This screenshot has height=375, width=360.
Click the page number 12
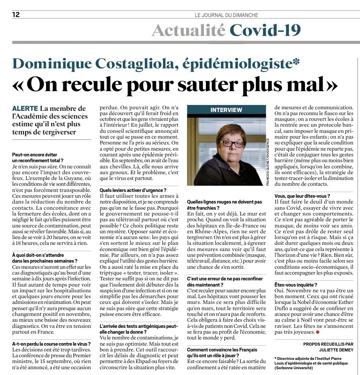tap(16, 15)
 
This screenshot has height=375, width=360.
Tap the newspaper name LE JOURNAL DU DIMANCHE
tap(226, 15)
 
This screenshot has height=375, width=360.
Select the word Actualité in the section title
tap(188, 31)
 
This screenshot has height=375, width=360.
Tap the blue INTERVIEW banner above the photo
tap(226, 110)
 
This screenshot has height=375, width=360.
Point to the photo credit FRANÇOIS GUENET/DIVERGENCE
tap(267, 162)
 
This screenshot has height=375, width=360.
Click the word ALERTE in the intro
tap(25, 109)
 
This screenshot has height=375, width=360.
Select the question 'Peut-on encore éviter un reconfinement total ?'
tap(37, 157)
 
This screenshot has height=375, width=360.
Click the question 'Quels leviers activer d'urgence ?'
tap(133, 190)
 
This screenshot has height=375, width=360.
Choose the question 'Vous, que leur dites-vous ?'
tap(302, 196)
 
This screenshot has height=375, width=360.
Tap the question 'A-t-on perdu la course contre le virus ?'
tap(51, 343)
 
